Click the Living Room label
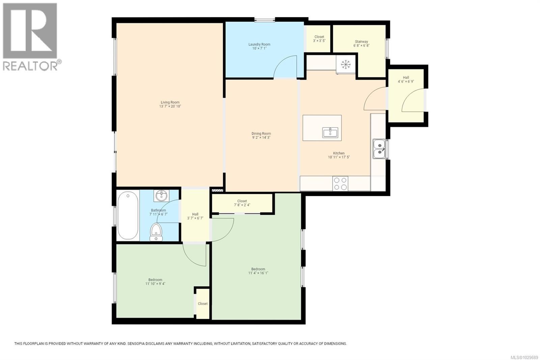(170, 102)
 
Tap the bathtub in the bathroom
(128, 215)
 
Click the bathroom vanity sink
(162, 195)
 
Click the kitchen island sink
(330, 132)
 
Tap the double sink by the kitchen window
(379, 149)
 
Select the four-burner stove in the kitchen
(340, 183)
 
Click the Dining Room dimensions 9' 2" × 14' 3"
(261, 137)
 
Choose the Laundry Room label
(259, 44)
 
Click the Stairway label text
(361, 42)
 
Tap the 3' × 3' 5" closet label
(319, 41)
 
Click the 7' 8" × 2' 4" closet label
(242, 205)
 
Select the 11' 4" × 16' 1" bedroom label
(258, 273)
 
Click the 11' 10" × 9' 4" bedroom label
(155, 284)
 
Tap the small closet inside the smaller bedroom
(203, 303)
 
